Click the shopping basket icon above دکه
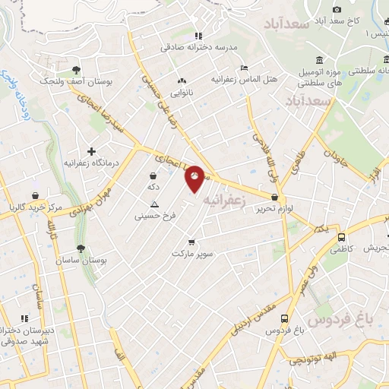pyautogui.click(x=153, y=176)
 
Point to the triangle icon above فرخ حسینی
pyautogui.click(x=155, y=204)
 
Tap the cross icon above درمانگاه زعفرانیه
pyautogui.click(x=92, y=152)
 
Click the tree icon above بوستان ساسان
pyautogui.click(x=81, y=248)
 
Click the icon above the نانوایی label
pyautogui.click(x=181, y=80)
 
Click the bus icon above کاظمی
pyautogui.click(x=342, y=236)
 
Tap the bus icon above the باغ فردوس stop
pyautogui.click(x=284, y=319)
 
